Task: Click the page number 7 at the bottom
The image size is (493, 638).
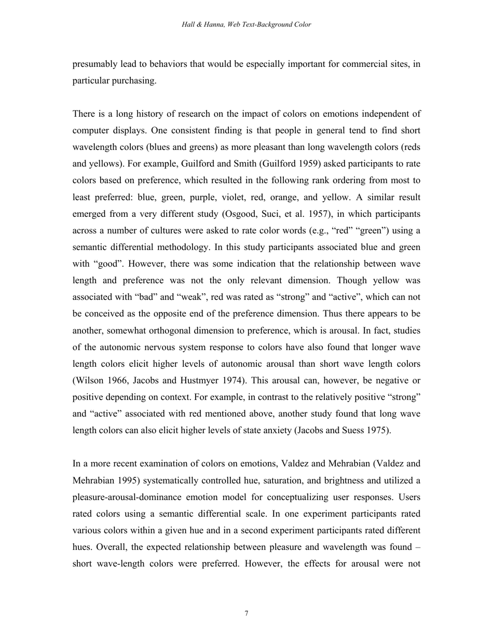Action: click(x=246, y=614)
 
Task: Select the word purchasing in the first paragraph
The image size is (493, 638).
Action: click(x=134, y=81)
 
